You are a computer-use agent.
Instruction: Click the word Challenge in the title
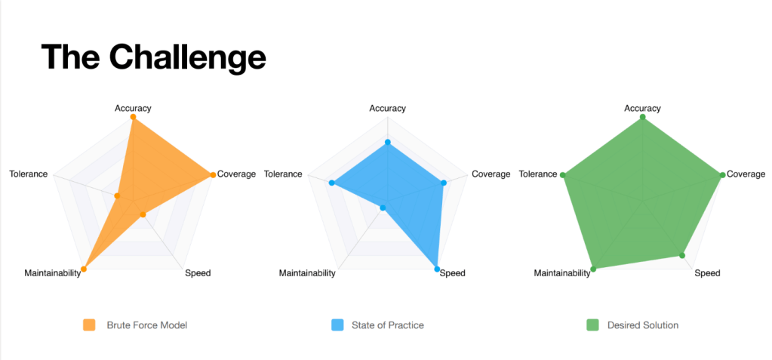(x=188, y=58)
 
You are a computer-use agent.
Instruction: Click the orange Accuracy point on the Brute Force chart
(x=133, y=117)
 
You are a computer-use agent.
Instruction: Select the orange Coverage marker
(x=213, y=175)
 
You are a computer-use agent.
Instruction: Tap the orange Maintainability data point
(x=84, y=269)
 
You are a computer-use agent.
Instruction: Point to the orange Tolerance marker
(x=117, y=196)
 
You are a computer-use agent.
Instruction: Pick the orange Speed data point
(x=143, y=214)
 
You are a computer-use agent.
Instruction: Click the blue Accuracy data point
(x=387, y=143)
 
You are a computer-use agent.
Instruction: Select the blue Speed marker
(x=437, y=269)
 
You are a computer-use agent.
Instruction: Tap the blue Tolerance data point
(x=332, y=183)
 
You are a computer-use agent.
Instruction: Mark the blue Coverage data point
(x=443, y=183)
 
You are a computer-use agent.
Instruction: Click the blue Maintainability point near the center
(x=383, y=208)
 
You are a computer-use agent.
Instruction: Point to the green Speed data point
(x=682, y=255)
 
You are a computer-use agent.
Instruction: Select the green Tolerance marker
(x=563, y=175)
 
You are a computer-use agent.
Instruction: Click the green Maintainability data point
(x=593, y=269)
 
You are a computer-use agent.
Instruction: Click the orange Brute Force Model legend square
(x=88, y=325)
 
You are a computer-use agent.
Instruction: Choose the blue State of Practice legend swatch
(x=337, y=325)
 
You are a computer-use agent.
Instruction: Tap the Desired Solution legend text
(x=643, y=325)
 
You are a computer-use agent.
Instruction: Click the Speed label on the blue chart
(x=452, y=273)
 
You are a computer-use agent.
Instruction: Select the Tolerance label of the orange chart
(x=29, y=174)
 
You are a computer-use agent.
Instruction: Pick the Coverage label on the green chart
(x=746, y=174)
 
